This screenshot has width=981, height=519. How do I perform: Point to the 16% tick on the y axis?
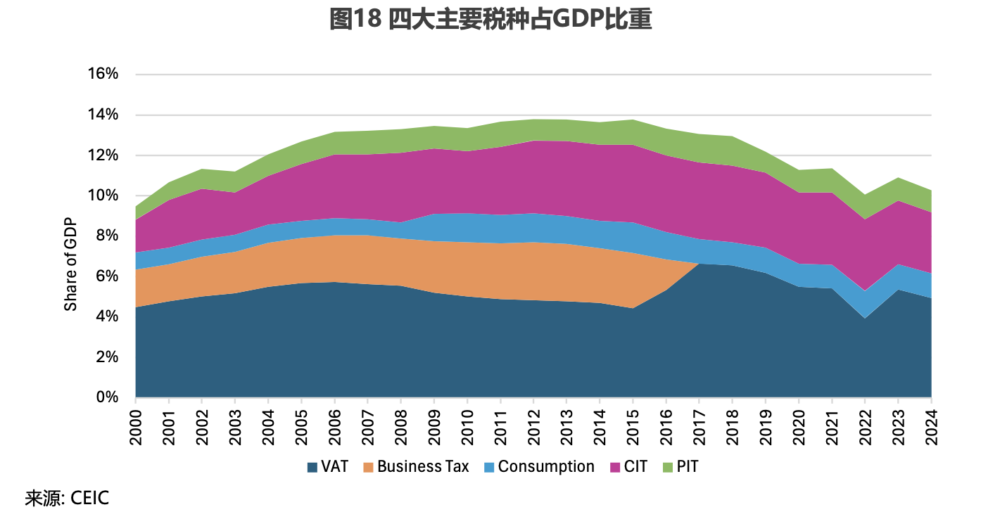click(x=103, y=75)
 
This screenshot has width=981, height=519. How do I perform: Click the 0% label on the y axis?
click(x=107, y=397)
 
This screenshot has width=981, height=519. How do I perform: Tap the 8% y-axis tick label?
click(x=107, y=236)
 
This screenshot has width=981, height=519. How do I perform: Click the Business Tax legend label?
click(x=423, y=467)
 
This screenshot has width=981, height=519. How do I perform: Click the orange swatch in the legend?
click(x=368, y=467)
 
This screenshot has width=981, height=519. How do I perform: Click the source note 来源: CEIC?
click(x=68, y=499)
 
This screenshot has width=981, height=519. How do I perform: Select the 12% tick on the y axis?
click(x=103, y=155)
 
